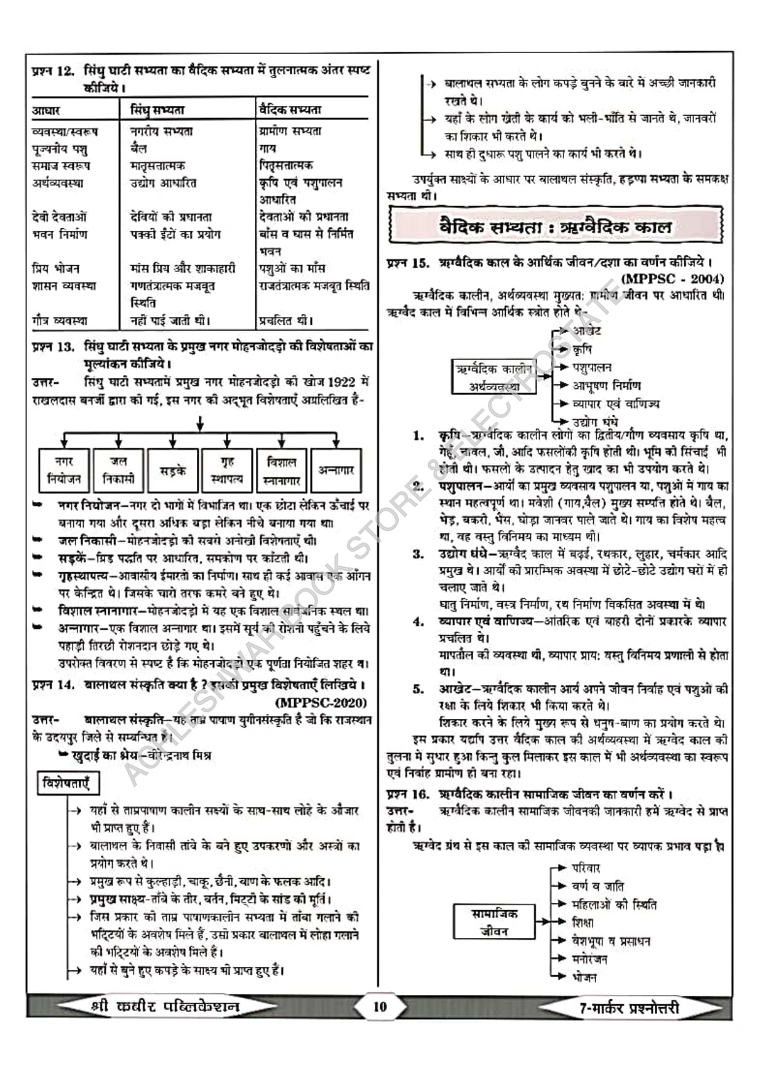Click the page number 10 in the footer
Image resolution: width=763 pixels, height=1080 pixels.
380,1007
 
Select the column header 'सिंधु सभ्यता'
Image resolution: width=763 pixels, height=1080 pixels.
158,110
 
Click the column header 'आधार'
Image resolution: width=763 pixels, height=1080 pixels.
46,111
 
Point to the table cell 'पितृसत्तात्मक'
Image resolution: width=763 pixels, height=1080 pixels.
286,165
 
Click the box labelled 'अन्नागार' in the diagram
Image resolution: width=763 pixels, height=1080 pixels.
336,470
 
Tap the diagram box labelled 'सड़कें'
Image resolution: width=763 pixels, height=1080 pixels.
173,470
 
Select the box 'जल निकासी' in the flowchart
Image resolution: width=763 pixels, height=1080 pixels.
118,470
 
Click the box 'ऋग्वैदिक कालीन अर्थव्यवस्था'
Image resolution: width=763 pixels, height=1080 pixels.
494,377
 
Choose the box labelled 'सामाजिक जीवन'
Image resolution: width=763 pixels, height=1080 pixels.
494,922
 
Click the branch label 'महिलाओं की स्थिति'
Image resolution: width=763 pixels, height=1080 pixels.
613,905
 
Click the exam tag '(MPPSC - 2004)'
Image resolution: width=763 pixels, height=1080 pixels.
673,279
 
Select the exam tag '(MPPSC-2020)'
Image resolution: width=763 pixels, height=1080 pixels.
321,702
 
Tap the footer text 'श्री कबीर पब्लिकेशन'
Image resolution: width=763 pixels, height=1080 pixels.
164,1007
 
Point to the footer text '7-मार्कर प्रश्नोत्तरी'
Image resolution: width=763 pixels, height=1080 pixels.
629,1008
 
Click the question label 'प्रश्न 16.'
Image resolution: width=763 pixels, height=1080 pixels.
408,794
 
